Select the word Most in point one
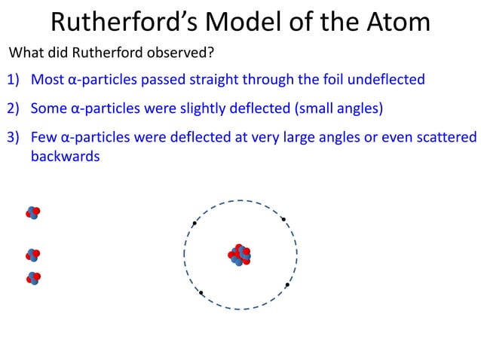47,79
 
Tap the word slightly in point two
200,108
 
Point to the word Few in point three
43,138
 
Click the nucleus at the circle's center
240,255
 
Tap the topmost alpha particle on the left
32,212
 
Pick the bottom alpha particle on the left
32,278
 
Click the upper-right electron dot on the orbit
283,219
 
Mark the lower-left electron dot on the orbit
201,293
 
